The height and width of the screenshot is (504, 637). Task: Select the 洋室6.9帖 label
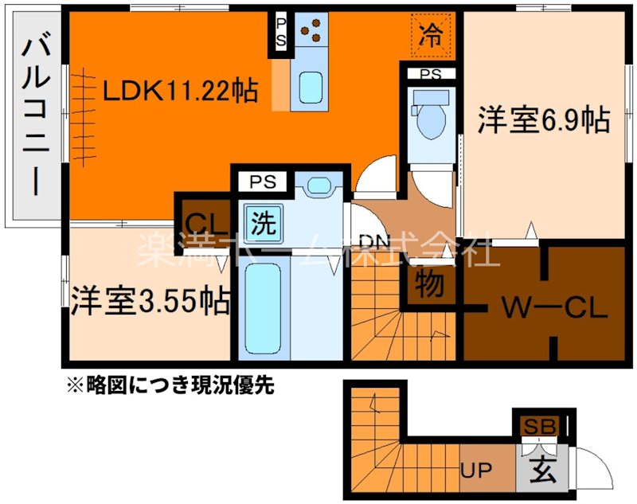coord(544,120)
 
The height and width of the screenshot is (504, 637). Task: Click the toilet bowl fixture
coord(431,119)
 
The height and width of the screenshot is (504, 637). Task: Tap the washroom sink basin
coord(318,186)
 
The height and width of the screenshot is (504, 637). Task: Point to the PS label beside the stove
coord(282,33)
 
